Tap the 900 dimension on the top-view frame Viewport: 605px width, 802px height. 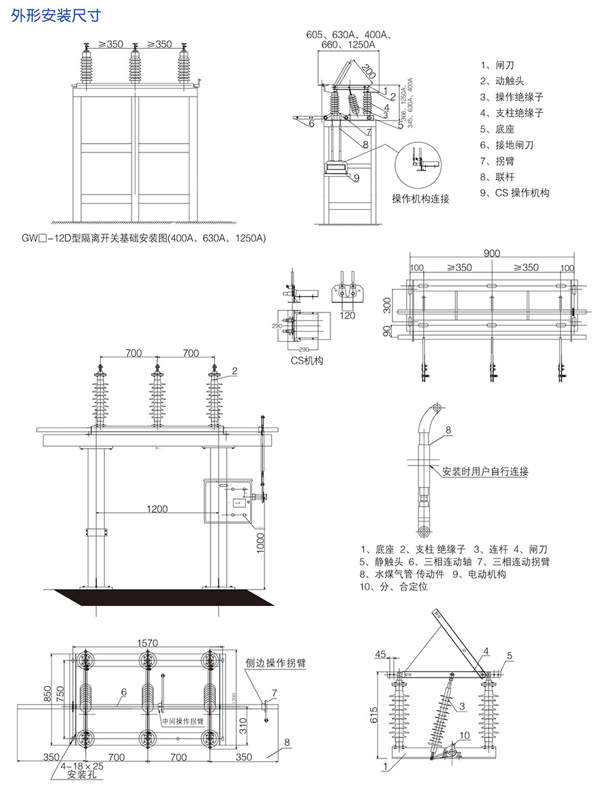tap(493, 253)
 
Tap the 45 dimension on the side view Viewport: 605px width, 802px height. tap(379, 655)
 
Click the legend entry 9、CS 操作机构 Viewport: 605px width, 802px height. tap(514, 193)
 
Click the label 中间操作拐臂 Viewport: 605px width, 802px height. tap(183, 720)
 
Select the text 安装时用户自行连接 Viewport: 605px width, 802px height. tap(486, 471)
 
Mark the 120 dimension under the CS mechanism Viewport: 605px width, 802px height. tap(347, 315)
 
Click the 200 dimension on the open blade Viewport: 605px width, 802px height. tap(368, 71)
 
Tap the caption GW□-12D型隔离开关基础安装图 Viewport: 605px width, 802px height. tap(143, 238)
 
